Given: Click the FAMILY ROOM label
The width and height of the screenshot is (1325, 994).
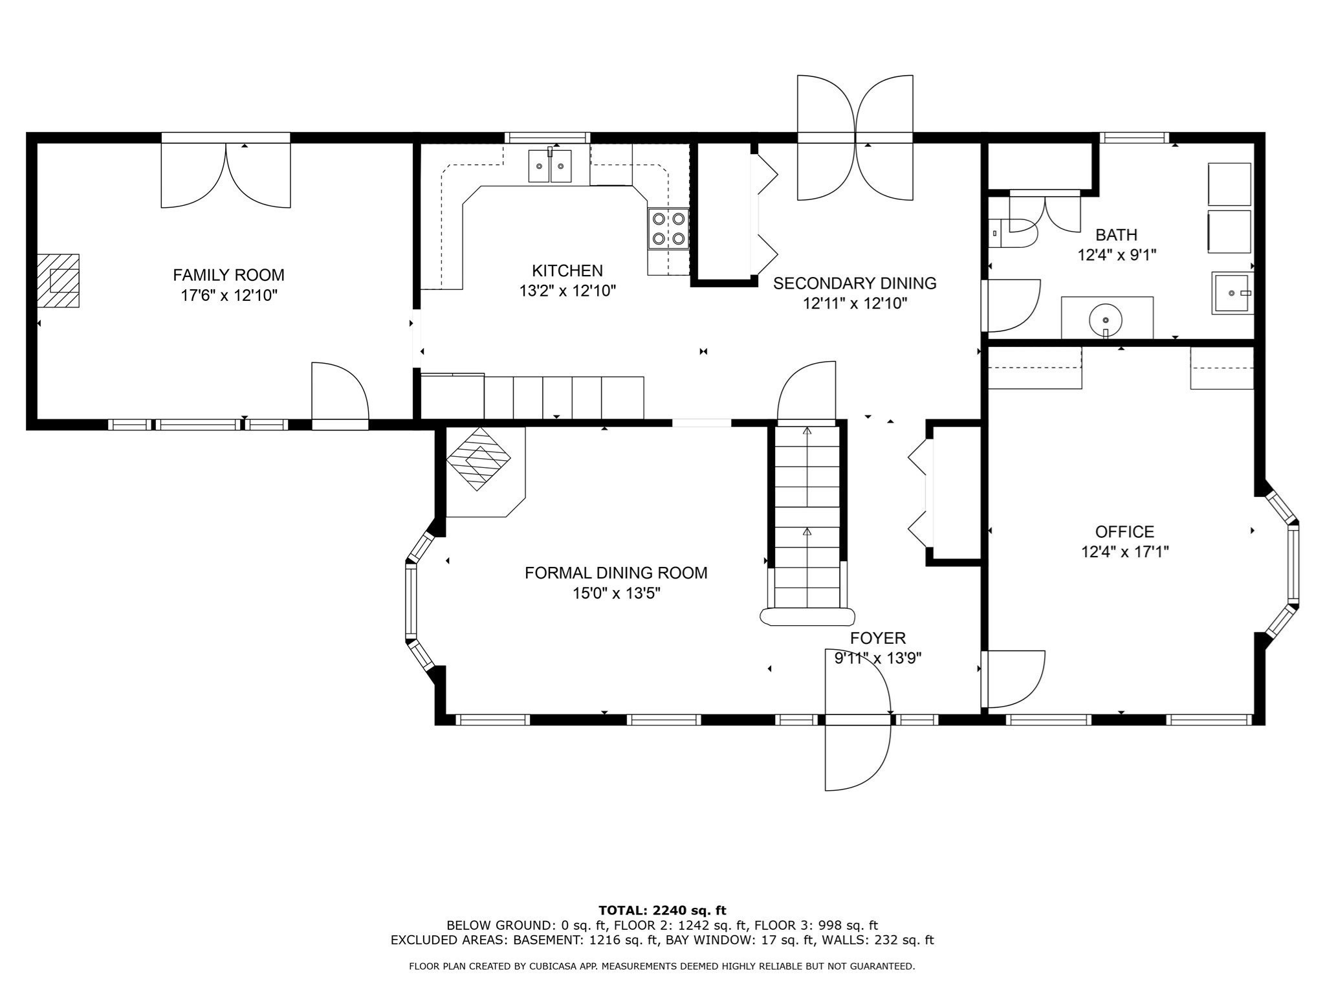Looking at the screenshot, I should pyautogui.click(x=228, y=275).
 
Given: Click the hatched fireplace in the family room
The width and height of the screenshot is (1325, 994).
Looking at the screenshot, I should pyautogui.click(x=58, y=281).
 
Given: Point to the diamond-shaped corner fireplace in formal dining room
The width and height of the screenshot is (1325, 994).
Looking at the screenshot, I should pyautogui.click(x=479, y=458).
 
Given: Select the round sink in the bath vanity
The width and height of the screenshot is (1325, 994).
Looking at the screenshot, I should pyautogui.click(x=1106, y=320).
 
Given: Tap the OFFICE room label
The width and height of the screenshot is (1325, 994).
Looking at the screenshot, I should pyautogui.click(x=1124, y=532).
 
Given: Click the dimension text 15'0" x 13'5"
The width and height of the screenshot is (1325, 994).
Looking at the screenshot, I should pyautogui.click(x=616, y=593).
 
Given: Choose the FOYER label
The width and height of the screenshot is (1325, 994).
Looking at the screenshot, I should pyautogui.click(x=877, y=639).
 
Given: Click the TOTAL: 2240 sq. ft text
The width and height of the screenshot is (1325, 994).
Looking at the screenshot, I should pyautogui.click(x=662, y=911).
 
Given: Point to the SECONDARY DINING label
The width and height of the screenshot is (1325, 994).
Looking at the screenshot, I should pyautogui.click(x=855, y=283).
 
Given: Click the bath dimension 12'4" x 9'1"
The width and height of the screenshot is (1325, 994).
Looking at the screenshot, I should pyautogui.click(x=1116, y=255).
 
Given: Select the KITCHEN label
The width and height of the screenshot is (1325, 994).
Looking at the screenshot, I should pyautogui.click(x=567, y=271).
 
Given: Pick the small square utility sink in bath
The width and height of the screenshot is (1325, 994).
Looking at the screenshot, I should pyautogui.click(x=1232, y=293).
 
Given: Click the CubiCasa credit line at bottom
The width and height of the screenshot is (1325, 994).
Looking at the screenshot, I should pyautogui.click(x=662, y=966).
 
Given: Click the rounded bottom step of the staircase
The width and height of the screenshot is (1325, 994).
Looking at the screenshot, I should pyautogui.click(x=807, y=617).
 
